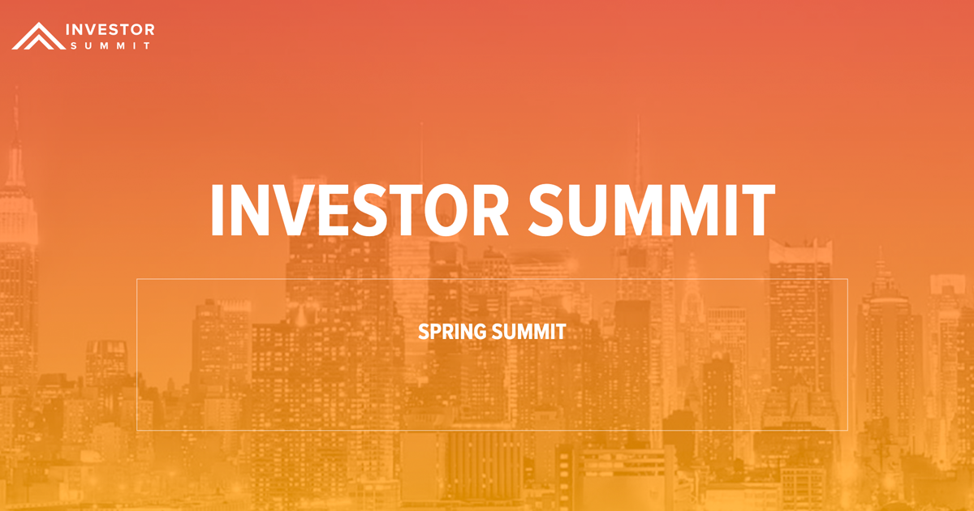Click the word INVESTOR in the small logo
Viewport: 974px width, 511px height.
click(109, 30)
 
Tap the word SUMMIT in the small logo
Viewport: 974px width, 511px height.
click(109, 46)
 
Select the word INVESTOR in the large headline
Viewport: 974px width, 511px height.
click(358, 209)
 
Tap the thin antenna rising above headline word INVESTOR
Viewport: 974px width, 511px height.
click(420, 154)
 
